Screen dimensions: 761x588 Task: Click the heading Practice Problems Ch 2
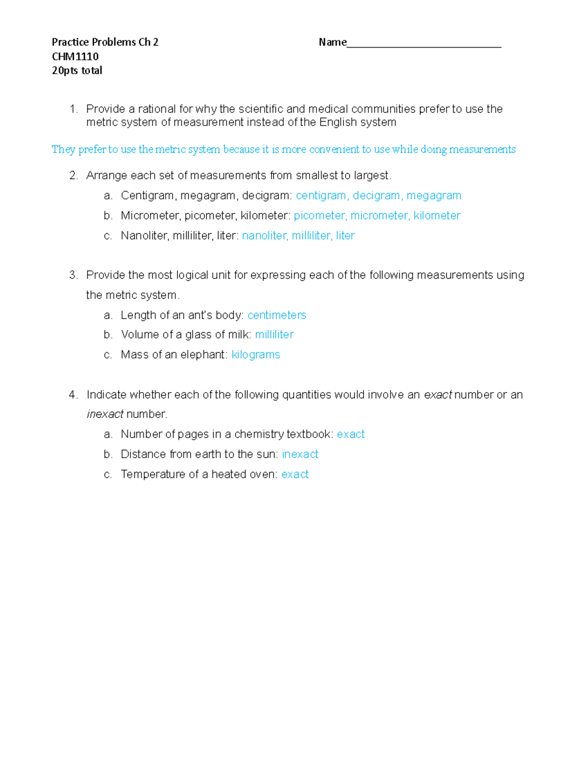click(x=105, y=42)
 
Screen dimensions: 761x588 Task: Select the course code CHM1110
click(x=75, y=56)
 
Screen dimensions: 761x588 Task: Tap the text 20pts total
click(x=77, y=71)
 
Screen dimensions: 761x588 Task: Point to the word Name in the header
click(x=332, y=42)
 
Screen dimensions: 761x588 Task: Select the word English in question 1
click(x=338, y=122)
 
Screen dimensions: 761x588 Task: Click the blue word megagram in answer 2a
click(x=434, y=196)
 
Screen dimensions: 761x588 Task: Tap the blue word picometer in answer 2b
click(x=319, y=216)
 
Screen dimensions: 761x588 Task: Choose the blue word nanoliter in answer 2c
click(x=264, y=236)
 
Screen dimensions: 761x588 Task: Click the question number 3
click(x=73, y=275)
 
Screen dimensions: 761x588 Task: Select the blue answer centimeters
click(x=277, y=315)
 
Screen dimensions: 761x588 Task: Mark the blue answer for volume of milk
click(x=274, y=335)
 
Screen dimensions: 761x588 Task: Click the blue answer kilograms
click(x=255, y=355)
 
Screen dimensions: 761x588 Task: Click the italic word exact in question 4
click(x=437, y=395)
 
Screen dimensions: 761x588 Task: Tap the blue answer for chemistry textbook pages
click(x=350, y=434)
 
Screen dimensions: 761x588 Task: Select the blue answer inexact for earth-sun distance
click(x=300, y=454)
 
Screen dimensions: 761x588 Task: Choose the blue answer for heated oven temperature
click(x=295, y=474)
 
